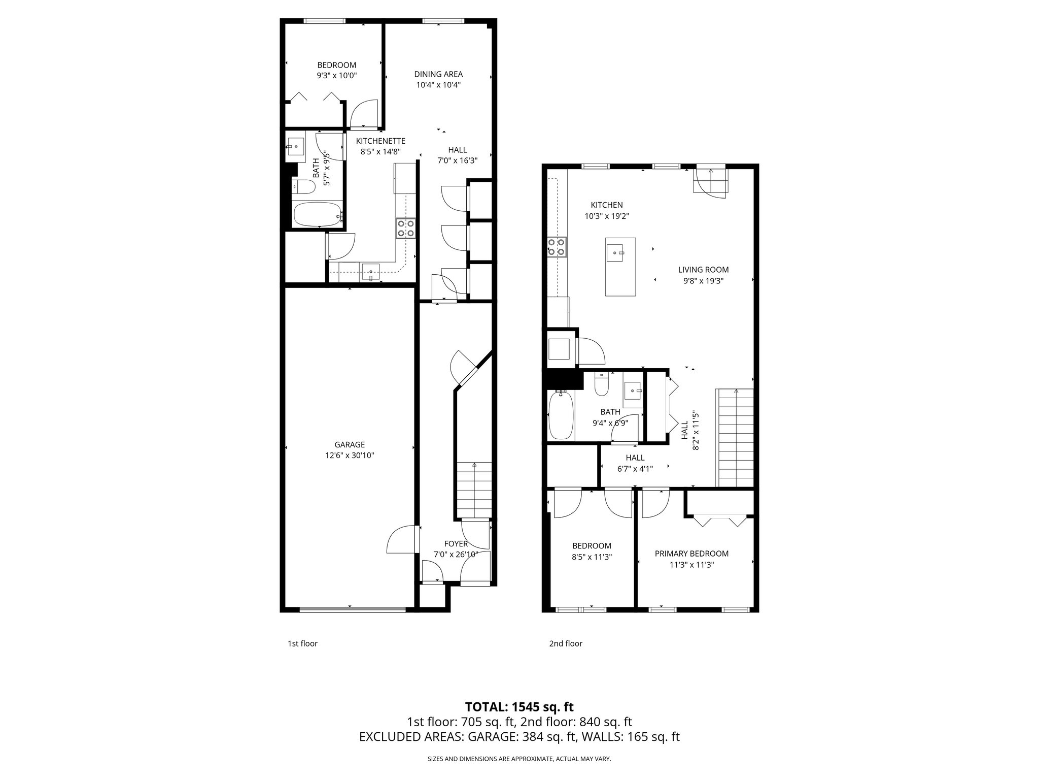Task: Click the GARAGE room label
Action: (x=350, y=444)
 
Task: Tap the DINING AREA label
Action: (x=438, y=74)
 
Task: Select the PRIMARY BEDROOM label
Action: (x=691, y=554)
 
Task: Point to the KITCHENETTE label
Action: (x=380, y=141)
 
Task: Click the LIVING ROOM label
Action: (x=703, y=270)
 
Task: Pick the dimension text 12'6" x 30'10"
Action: (x=350, y=456)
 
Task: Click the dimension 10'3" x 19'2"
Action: (x=607, y=216)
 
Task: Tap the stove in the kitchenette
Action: (x=406, y=228)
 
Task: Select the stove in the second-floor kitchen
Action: (x=557, y=247)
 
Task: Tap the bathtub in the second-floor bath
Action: (x=561, y=415)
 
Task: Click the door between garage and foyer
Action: (x=403, y=540)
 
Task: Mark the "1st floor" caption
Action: (x=302, y=643)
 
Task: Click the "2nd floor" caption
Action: (x=565, y=643)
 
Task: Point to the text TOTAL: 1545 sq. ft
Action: (x=519, y=706)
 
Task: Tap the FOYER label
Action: (x=456, y=543)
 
